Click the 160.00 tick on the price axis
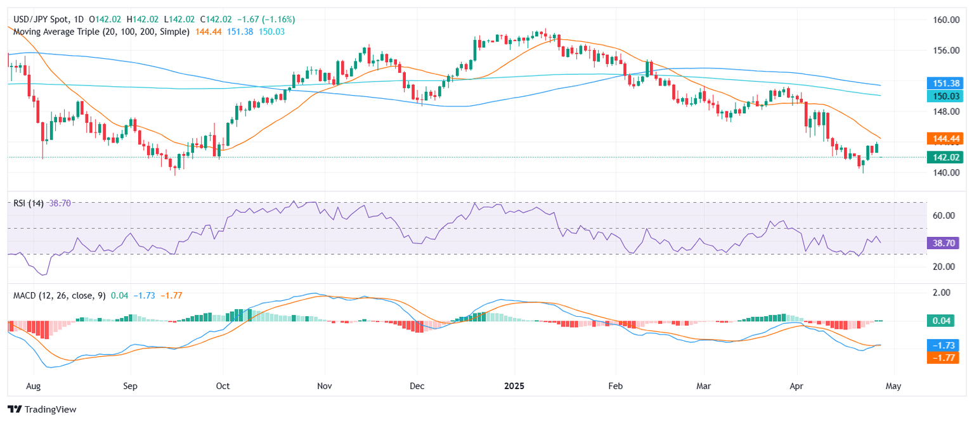pos(945,20)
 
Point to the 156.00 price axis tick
pos(945,50)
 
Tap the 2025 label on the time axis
pos(514,385)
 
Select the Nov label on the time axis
pos(324,385)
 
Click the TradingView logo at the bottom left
pos(42,409)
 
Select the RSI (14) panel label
pos(29,203)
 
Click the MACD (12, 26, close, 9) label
pos(60,295)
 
